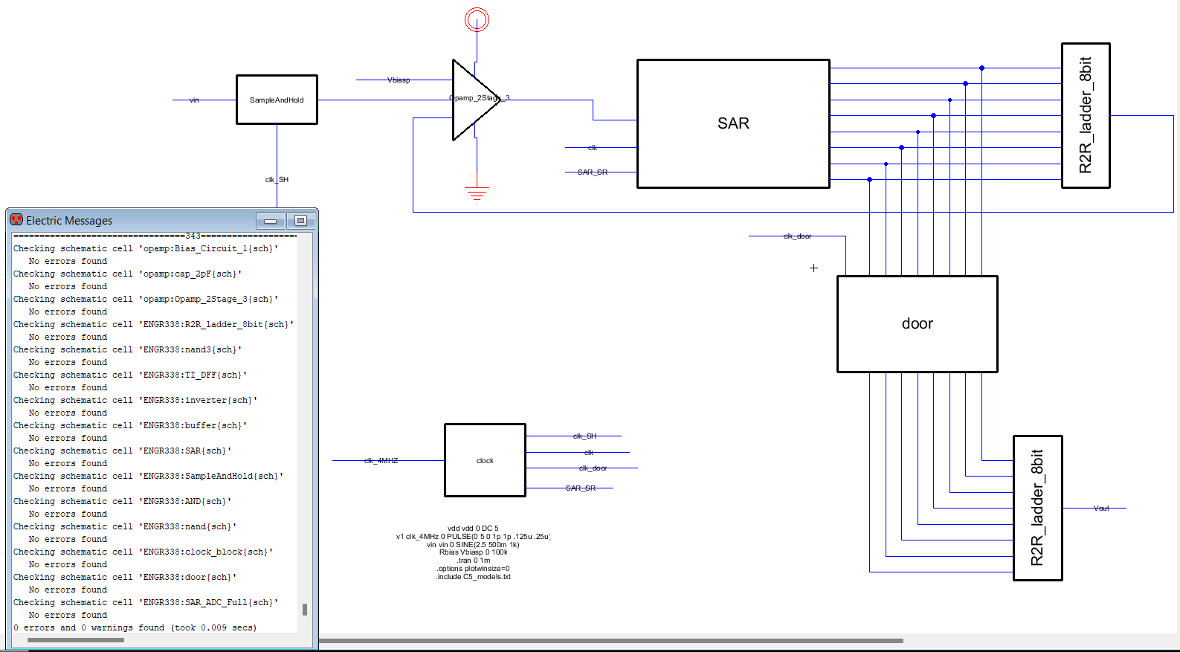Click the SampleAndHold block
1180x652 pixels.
click(277, 100)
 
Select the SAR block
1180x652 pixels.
click(732, 123)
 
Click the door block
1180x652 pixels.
click(917, 323)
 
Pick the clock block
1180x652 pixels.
click(485, 460)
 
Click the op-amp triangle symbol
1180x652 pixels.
click(473, 100)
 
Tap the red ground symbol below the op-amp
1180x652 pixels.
click(477, 194)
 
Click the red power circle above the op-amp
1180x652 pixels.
click(477, 19)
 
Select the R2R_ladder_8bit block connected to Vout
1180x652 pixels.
click(1037, 508)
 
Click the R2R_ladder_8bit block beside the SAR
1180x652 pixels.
click(1085, 115)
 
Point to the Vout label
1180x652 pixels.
click(1101, 509)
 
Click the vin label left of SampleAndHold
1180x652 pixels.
click(194, 100)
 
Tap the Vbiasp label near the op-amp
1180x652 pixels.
click(399, 80)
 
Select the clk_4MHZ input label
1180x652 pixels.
click(381, 461)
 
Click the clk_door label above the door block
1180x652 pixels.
click(797, 236)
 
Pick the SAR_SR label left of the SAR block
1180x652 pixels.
click(593, 172)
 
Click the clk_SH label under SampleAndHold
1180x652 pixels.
click(277, 180)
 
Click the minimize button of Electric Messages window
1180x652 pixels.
click(270, 221)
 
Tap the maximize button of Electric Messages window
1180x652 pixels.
click(300, 221)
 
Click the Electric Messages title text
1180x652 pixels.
click(69, 221)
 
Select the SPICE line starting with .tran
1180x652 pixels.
click(474, 561)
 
